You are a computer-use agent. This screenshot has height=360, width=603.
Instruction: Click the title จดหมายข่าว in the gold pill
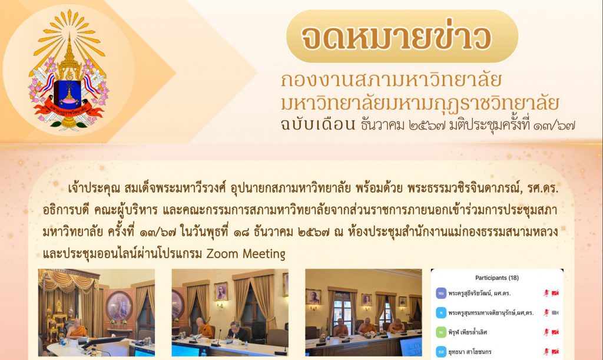(396, 37)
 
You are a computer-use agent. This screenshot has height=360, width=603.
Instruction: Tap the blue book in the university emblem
(68, 94)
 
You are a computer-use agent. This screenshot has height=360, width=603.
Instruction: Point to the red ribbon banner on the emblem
(68, 110)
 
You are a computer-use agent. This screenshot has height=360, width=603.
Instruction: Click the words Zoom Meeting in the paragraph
(246, 254)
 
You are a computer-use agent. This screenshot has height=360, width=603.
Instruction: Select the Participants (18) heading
(497, 278)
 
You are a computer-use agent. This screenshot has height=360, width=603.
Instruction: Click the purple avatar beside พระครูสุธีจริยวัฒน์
(441, 293)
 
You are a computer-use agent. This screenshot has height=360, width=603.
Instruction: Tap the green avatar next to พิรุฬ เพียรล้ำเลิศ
(441, 332)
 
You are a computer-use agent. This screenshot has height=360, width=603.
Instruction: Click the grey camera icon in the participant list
(555, 313)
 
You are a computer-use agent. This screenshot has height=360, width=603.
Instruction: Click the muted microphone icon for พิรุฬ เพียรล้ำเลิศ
(546, 332)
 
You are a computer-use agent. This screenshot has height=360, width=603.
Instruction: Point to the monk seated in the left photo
(77, 330)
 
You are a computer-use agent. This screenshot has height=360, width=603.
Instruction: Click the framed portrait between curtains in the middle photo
(221, 291)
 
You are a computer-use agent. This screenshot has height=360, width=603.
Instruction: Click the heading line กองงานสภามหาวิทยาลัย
(391, 80)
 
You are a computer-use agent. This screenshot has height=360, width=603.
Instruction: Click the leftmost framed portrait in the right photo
(313, 296)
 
